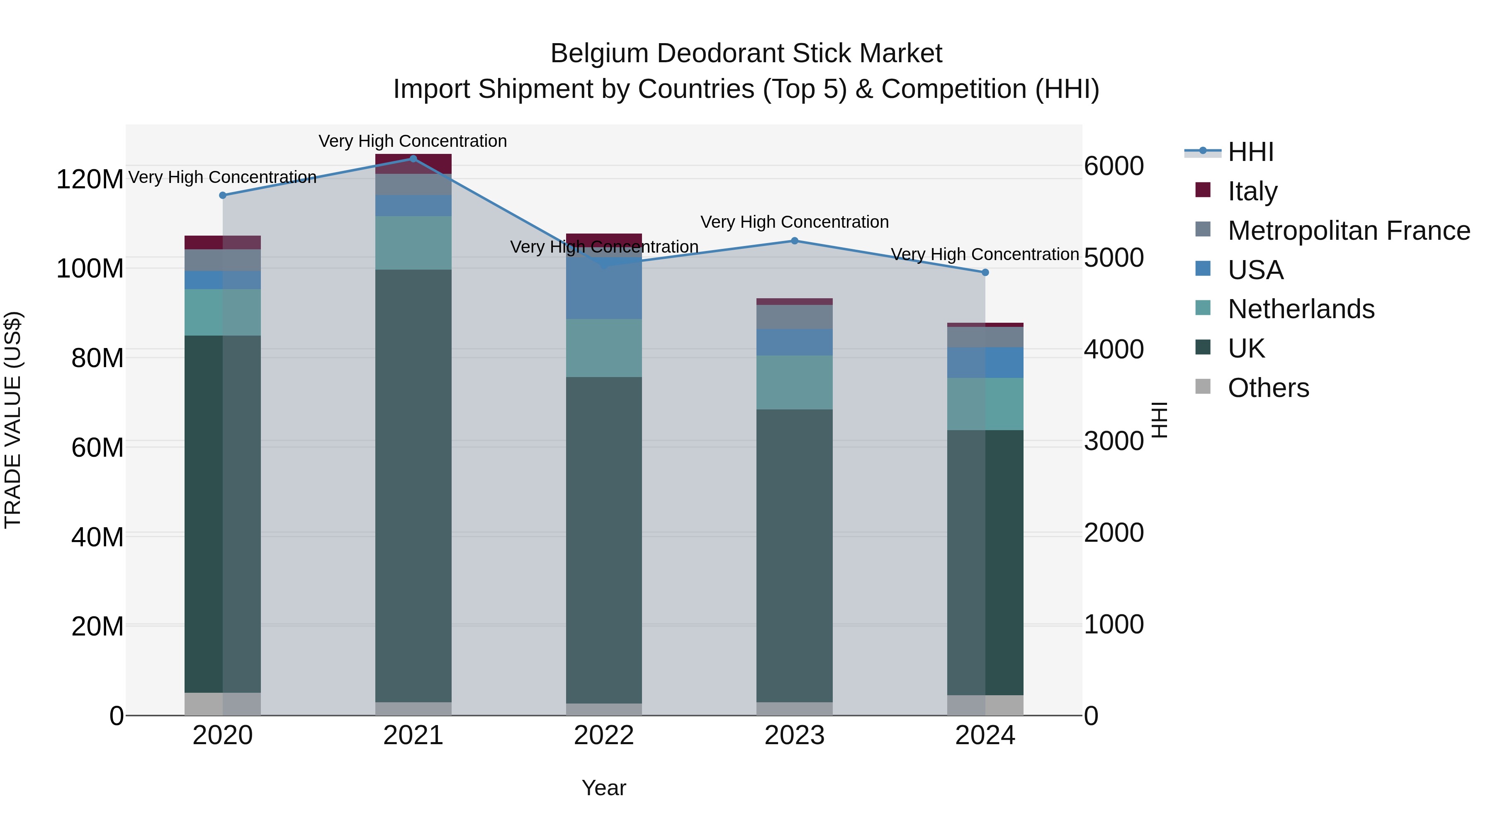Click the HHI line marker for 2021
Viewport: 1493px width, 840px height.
[413, 158]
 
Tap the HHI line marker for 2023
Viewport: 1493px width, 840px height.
[795, 241]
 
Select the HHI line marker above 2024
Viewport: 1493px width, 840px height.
[985, 273]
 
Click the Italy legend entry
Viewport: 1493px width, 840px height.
[1252, 191]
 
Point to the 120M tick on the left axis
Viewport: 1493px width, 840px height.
[90, 179]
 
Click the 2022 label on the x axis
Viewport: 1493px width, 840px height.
[604, 735]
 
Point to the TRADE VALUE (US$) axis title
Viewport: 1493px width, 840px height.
[13, 420]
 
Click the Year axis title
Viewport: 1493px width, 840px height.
[604, 788]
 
